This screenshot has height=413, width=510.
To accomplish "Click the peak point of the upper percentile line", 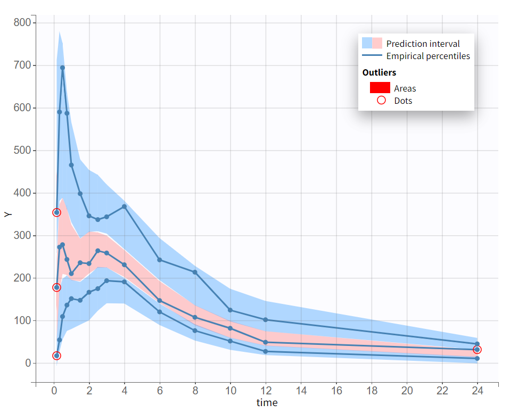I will (x=62, y=68).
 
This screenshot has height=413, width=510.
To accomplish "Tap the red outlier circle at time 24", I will (x=477, y=350).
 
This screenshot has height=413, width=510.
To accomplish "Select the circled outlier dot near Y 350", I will (x=56, y=212).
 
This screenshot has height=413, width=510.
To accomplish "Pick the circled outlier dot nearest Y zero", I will (x=56, y=356).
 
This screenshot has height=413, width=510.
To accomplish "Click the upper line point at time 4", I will (x=125, y=206).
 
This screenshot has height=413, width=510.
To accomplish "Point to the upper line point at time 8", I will (x=195, y=272).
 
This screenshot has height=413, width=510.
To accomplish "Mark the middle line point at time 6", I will (x=160, y=301).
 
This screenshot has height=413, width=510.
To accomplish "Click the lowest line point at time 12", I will (x=266, y=351).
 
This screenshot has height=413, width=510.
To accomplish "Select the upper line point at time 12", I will (x=266, y=320).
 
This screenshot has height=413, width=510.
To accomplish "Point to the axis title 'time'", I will (x=267, y=403).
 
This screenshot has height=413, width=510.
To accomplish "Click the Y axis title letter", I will (x=7, y=214).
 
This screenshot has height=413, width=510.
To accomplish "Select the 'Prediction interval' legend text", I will (x=423, y=44).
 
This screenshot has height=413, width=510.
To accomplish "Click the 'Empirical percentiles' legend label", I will (x=428, y=56).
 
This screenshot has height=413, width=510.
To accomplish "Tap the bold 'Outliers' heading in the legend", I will (x=379, y=72).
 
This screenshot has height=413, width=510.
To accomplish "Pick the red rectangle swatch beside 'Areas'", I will (x=380, y=88).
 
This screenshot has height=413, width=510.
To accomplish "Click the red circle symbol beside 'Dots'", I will (x=381, y=101).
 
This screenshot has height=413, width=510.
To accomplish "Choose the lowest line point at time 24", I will (x=477, y=359).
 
